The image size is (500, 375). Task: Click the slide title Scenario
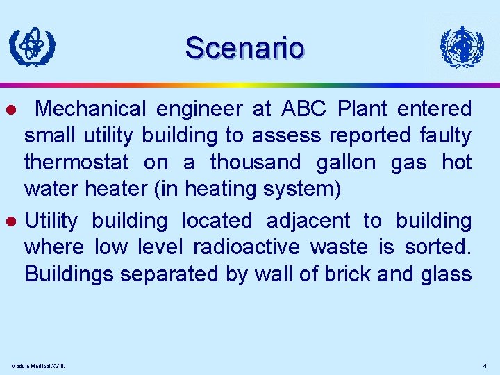click(244, 48)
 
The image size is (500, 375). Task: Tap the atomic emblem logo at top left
click(32, 47)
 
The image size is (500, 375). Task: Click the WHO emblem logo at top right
click(462, 47)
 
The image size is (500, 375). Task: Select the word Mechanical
click(91, 109)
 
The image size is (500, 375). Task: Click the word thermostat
click(76, 162)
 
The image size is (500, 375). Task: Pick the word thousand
click(256, 162)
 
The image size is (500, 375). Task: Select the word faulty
click(445, 135)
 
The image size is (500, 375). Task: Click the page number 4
click(485, 366)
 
